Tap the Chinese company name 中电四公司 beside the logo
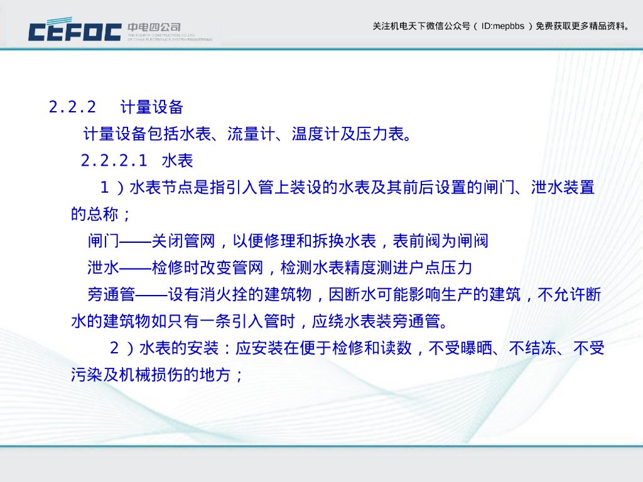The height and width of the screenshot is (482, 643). coord(154,27)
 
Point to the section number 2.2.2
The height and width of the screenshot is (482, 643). coord(72,107)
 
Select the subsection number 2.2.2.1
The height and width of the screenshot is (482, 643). coord(114,161)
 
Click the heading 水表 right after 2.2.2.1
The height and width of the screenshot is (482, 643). coord(177,161)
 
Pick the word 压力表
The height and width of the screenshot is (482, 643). coord(380,134)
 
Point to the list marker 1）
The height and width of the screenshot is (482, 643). coord(111,188)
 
